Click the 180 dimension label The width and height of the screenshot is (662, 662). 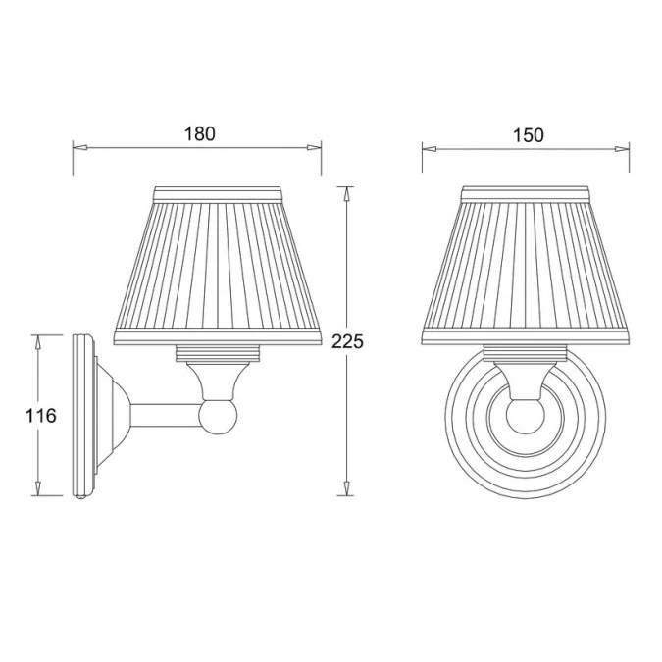(199, 133)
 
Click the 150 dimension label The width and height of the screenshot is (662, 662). (529, 135)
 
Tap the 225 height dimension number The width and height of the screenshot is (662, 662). (347, 341)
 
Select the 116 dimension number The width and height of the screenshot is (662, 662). (41, 416)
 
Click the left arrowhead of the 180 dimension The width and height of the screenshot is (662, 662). (80, 148)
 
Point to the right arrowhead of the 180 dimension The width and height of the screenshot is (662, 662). (314, 148)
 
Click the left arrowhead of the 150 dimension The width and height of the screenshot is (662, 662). (430, 149)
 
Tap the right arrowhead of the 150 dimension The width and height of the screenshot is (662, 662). (622, 149)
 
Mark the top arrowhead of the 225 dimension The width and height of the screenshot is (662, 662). (346, 194)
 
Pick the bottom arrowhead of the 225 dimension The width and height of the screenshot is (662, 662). (346, 488)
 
